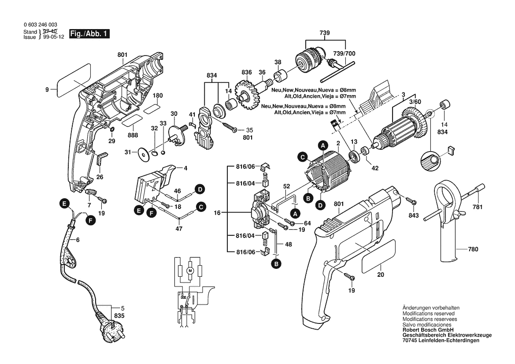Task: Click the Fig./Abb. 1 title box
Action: (89, 34)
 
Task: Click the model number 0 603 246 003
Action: (40, 25)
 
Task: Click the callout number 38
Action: (278, 62)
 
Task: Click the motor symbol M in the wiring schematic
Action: (190, 270)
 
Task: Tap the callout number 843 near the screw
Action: (414, 215)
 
